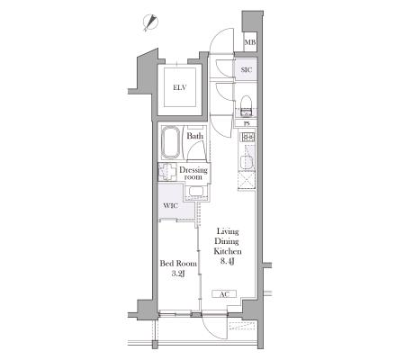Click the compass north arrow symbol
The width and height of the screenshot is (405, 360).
(150, 22)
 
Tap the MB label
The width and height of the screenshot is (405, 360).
(250, 42)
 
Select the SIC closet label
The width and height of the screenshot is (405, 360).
(247, 70)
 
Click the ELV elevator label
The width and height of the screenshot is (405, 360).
(180, 87)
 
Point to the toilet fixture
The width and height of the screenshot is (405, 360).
(247, 106)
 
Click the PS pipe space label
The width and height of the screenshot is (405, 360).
(247, 123)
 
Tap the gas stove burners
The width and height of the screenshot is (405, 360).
(248, 137)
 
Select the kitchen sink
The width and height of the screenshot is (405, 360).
(247, 162)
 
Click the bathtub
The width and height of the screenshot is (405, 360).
(171, 143)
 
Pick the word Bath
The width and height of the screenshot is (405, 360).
(195, 136)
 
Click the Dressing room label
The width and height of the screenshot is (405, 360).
(193, 174)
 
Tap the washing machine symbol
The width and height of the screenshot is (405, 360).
(166, 172)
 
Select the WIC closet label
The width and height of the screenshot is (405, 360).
(170, 206)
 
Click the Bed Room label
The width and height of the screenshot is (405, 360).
(178, 264)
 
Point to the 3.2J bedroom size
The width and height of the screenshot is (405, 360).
(178, 274)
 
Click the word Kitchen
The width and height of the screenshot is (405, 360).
(228, 251)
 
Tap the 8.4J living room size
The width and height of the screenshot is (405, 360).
(228, 261)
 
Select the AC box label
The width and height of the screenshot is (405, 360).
(224, 294)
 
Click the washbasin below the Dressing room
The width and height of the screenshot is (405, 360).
(196, 191)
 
